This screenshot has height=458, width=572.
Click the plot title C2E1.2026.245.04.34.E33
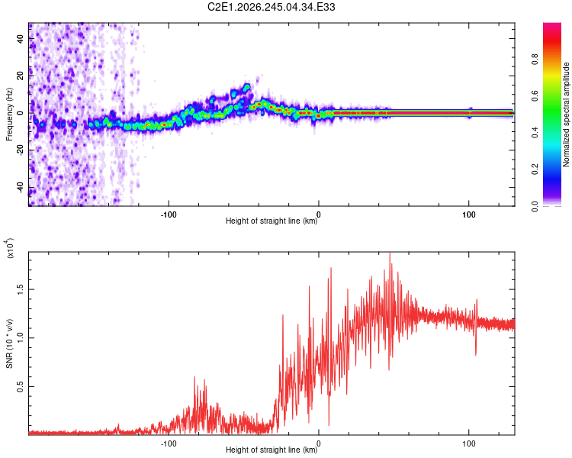(x=271, y=7)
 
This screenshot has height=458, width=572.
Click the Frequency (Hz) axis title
(x=9, y=114)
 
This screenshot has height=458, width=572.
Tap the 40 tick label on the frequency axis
(x=21, y=38)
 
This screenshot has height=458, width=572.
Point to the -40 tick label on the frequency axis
(x=21, y=188)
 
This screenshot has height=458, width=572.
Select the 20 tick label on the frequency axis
(x=21, y=76)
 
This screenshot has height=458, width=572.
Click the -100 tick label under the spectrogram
(x=169, y=214)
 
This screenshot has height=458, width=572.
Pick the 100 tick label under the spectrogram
(x=469, y=214)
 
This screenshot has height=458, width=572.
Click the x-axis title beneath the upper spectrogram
(x=272, y=221)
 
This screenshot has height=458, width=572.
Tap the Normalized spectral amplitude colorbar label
(x=566, y=114)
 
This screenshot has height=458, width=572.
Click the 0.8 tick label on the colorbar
(x=535, y=59)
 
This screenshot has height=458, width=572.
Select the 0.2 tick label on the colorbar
(x=535, y=169)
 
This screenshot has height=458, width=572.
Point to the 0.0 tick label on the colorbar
(x=535, y=206)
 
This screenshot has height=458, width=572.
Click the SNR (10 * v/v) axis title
(x=10, y=343)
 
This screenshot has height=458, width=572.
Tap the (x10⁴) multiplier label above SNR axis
(x=10, y=248)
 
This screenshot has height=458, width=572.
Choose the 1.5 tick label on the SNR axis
(x=21, y=289)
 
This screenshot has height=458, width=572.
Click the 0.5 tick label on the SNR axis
(x=21, y=386)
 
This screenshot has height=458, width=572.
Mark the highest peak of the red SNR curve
(x=390, y=253)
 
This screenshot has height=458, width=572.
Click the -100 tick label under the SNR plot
(x=169, y=443)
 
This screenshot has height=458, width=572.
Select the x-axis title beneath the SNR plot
(x=272, y=450)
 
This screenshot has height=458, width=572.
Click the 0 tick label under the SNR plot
(x=319, y=443)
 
